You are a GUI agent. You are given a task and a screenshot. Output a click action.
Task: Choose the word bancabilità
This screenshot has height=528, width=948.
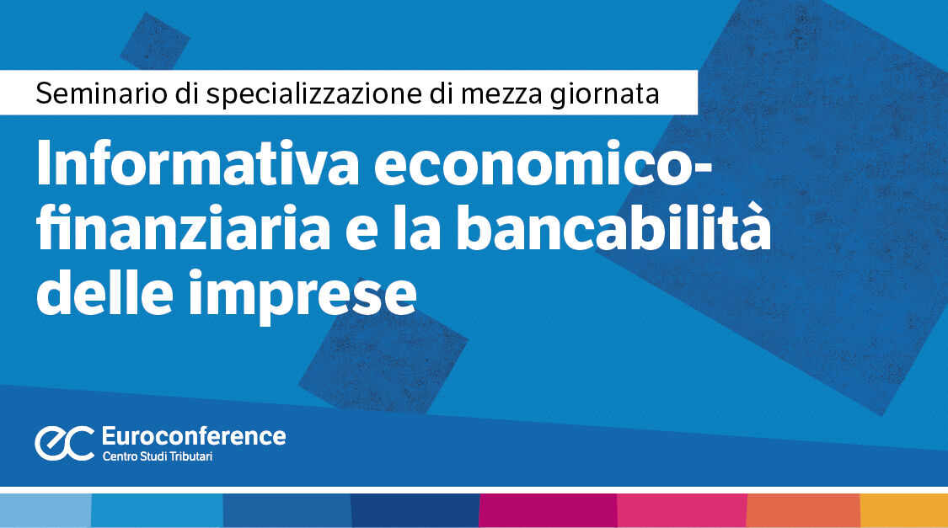pyautogui.click(x=614, y=230)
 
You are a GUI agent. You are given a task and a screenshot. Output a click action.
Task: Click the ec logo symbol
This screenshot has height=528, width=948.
pyautogui.click(x=63, y=442)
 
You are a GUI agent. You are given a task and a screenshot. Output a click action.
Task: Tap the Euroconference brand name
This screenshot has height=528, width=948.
pyautogui.click(x=193, y=435)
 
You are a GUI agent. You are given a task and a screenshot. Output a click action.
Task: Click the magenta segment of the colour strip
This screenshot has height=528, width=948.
pyautogui.click(x=548, y=510)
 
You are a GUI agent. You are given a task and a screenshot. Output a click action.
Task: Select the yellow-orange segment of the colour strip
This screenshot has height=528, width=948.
pyautogui.click(x=903, y=510)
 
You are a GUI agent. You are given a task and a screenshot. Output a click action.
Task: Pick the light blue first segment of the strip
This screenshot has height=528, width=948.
pyautogui.click(x=46, y=510)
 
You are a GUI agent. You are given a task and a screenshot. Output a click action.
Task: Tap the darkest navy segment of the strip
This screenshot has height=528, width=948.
pyautogui.click(x=415, y=510)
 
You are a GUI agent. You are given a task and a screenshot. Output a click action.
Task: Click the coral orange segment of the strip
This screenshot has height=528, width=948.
pyautogui.click(x=803, y=510)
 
